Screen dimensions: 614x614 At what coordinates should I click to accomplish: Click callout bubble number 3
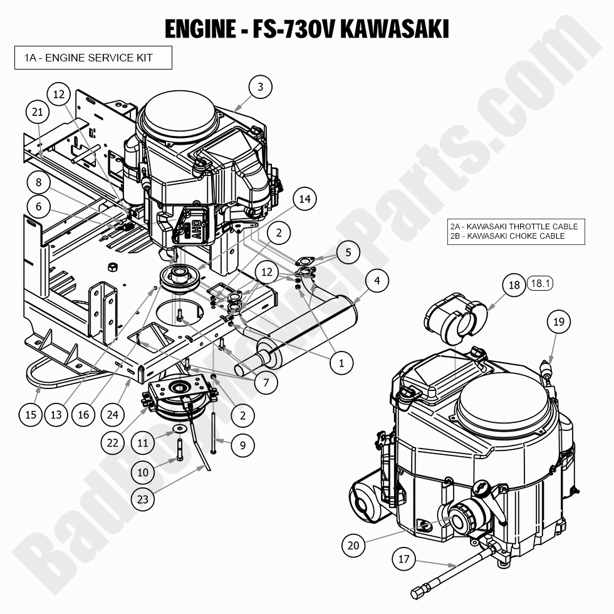[x=261, y=87]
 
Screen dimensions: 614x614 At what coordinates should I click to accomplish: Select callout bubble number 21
[x=38, y=112]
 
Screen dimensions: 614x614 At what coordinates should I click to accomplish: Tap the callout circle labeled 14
[x=304, y=199]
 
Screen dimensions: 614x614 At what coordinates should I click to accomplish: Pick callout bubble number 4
[x=377, y=281]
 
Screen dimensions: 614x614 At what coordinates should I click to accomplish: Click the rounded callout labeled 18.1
[x=540, y=284]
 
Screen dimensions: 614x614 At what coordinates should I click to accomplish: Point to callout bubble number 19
[x=559, y=322]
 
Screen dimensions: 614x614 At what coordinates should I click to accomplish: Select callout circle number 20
[x=353, y=545]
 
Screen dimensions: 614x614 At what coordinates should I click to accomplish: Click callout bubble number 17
[x=404, y=558]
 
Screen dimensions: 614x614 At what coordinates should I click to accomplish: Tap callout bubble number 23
[x=143, y=499]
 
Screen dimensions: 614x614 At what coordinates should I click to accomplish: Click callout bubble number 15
[x=31, y=414]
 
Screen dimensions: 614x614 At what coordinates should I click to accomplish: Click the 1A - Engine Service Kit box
[x=93, y=58]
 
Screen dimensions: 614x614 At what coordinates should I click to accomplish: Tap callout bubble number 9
[x=242, y=445]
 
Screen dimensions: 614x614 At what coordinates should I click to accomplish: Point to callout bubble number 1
[x=341, y=362]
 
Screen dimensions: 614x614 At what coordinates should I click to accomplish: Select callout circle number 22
[x=113, y=442]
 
